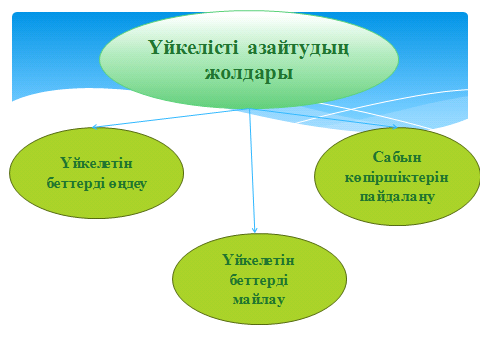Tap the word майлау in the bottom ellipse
click(257, 296)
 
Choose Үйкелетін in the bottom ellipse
click(257, 260)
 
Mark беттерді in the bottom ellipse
click(257, 278)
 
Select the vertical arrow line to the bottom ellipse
click(253, 170)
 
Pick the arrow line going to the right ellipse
click(325, 118)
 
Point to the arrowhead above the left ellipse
click(94, 127)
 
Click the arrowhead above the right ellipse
click(396, 127)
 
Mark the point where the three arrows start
click(250, 109)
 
